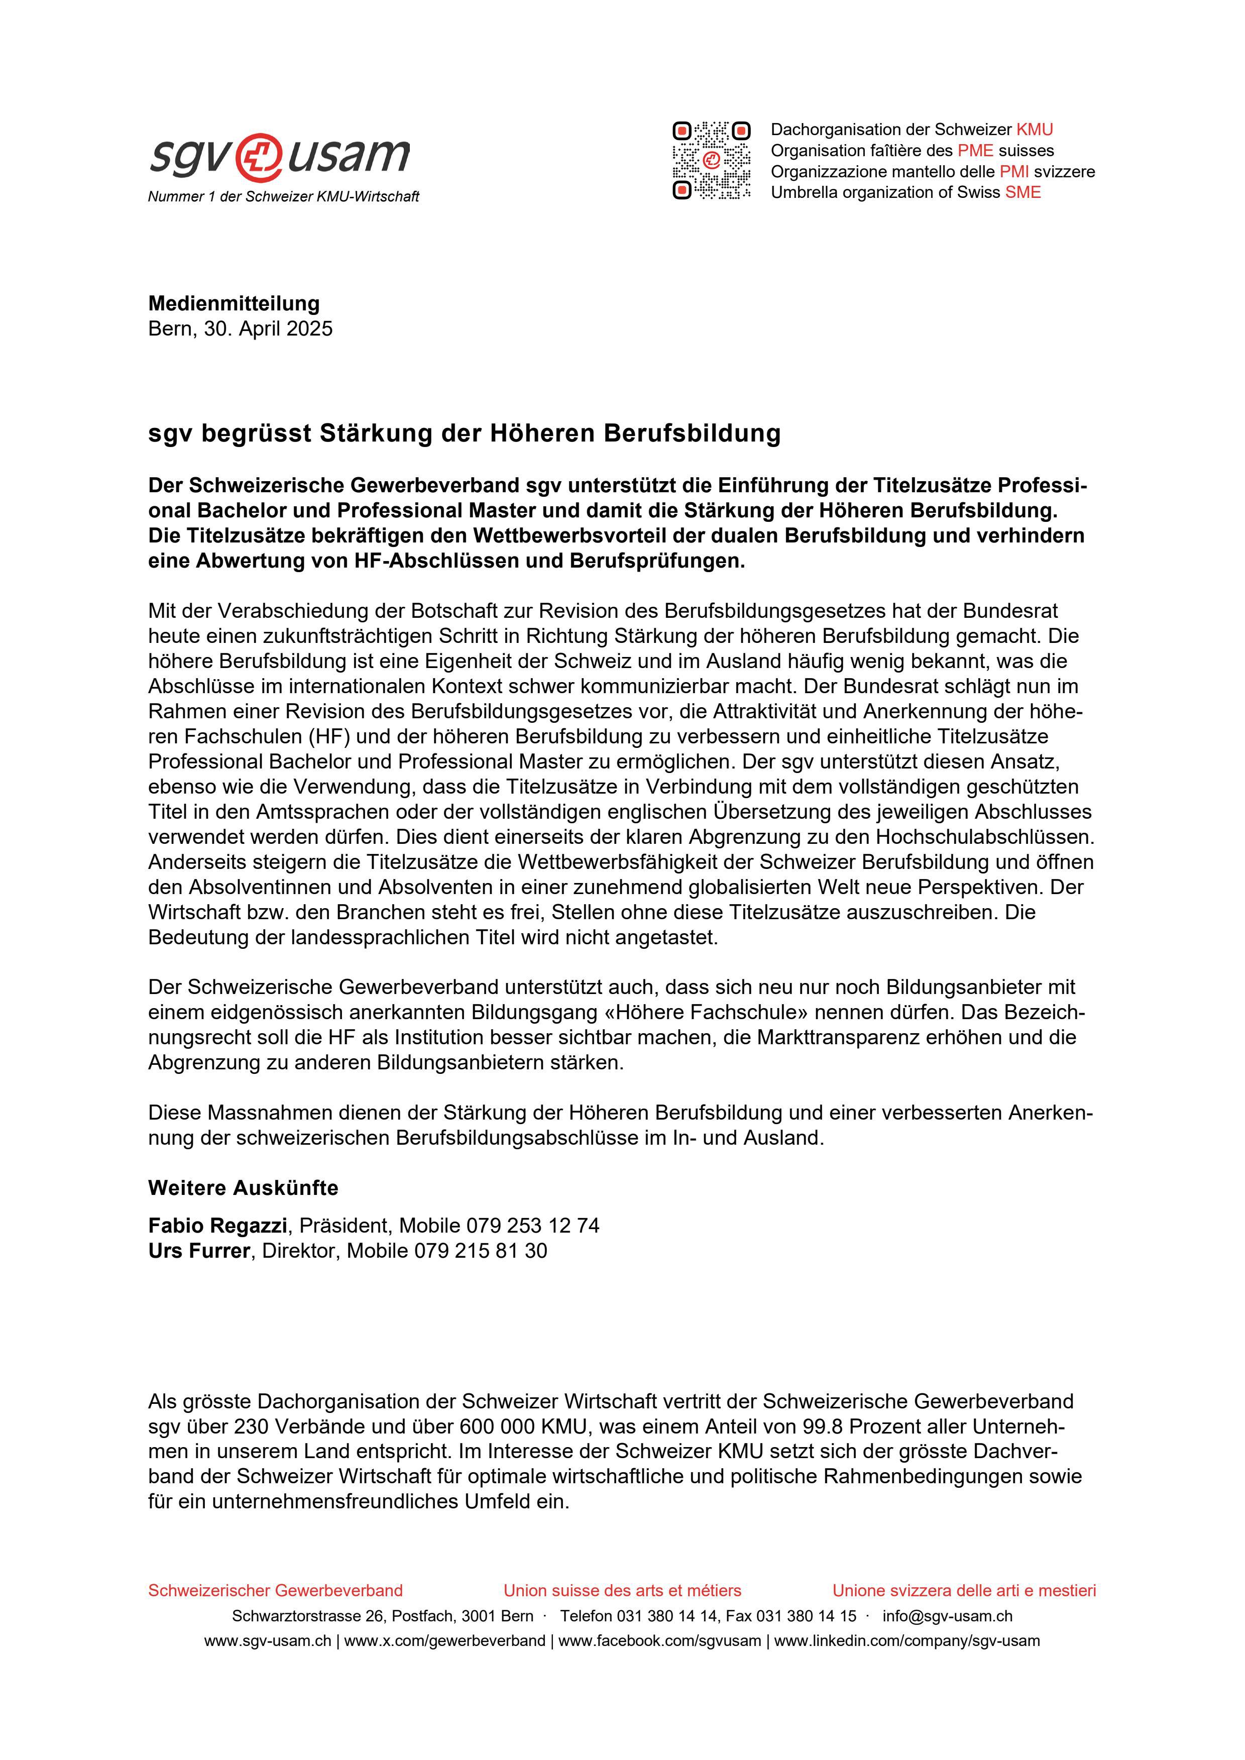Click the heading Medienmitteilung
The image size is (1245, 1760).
[234, 303]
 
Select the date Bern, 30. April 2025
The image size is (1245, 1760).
[240, 329]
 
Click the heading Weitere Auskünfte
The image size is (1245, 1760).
[243, 1188]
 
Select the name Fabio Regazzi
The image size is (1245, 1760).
[218, 1226]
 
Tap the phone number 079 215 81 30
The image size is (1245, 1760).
[481, 1251]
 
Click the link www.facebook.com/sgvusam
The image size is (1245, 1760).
[659, 1641]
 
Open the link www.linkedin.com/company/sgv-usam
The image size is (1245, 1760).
[907, 1641]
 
